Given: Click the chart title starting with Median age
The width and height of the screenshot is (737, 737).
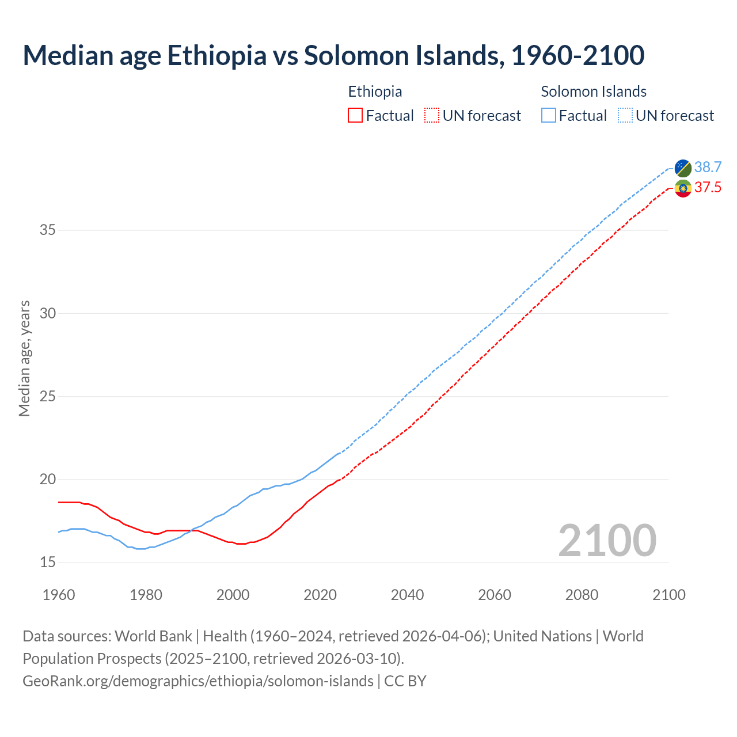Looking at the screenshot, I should pos(333,55).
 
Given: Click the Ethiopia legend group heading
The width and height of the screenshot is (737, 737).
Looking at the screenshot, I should pos(375,92).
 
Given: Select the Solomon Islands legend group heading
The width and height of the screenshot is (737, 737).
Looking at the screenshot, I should pos(594,92).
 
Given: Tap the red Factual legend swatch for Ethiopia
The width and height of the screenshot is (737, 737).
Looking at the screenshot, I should pos(355,116).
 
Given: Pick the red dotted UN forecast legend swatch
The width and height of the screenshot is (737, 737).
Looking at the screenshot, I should pos(432,116).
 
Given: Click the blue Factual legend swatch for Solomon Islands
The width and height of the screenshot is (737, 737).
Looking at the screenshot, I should pos(549,116).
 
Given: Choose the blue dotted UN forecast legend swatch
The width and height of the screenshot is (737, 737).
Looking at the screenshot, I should pos(625,116).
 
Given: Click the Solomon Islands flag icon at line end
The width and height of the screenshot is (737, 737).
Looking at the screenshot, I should pos(683,168).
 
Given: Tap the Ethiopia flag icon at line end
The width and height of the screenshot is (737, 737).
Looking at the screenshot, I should pos(683,188).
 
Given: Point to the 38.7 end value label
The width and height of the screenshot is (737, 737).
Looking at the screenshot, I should pos(708,167).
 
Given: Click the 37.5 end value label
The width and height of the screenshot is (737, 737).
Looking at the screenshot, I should pos(708,188).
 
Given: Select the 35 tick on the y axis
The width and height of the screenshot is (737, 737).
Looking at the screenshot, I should pos(48,230).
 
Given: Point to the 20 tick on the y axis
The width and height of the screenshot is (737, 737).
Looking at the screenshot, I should pos(48,480).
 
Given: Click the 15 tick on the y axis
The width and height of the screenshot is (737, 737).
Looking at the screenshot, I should pos(48,563).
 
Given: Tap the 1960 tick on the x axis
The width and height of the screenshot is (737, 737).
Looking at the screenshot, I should pos(59,595).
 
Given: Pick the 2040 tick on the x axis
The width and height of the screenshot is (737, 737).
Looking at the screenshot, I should pos(407,595).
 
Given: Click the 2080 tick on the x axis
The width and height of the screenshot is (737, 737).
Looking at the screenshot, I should pos(582,595).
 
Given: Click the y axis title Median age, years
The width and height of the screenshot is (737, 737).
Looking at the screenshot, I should pos(24,358).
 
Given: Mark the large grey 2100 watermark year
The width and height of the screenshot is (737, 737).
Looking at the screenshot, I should pos(607,540).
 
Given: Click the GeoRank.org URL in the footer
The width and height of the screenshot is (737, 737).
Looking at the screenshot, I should pos(197,681).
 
